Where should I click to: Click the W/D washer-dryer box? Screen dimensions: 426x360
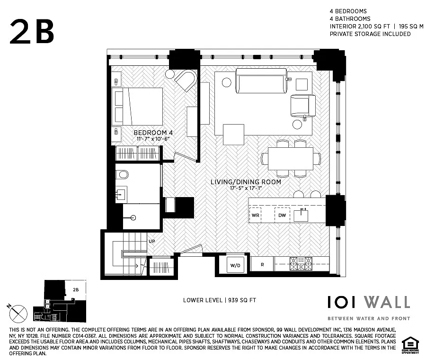[x=235, y=265]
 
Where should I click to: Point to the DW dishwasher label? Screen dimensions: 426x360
[x=282, y=216]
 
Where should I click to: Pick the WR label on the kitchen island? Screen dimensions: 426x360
[x=256, y=216]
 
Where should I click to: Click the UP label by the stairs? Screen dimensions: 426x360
[x=152, y=241]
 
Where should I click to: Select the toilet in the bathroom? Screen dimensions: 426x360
[x=122, y=175]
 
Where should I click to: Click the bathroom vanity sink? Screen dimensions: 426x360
[x=121, y=194]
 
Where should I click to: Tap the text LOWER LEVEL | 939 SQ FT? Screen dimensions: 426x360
[x=220, y=300]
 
